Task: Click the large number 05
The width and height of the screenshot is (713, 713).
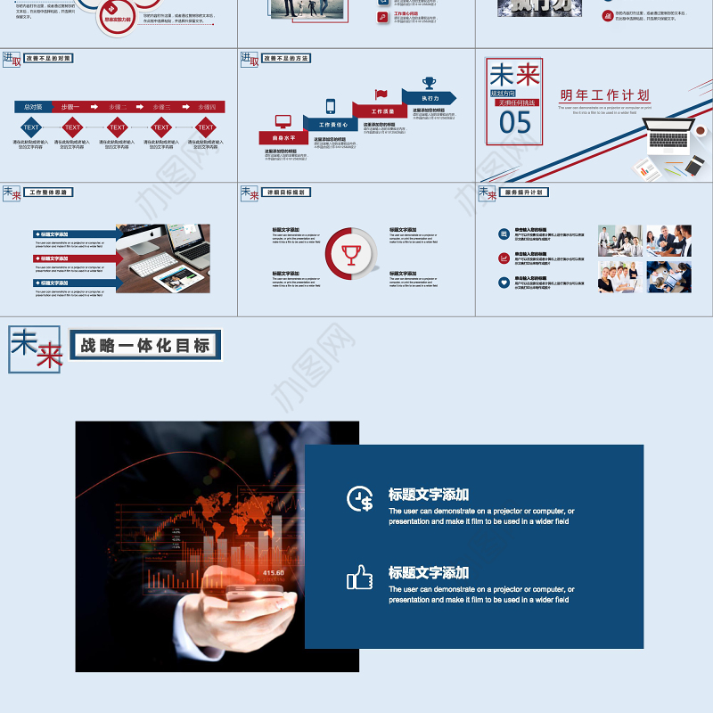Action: [515, 123]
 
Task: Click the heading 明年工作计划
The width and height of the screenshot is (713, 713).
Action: [604, 95]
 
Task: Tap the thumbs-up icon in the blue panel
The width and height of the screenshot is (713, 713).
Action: [360, 578]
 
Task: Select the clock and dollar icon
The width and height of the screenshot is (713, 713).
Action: [360, 499]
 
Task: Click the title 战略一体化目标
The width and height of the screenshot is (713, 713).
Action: [145, 346]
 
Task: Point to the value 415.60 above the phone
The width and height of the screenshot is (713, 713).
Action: [273, 572]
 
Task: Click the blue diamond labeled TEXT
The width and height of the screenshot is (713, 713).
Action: [31, 127]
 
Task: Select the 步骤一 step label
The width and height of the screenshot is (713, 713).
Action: [71, 107]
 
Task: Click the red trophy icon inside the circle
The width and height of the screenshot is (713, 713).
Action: [351, 254]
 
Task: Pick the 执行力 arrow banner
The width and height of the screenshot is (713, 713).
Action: [430, 98]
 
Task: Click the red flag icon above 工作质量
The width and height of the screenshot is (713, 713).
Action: [381, 94]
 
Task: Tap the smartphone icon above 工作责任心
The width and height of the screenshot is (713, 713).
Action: [331, 105]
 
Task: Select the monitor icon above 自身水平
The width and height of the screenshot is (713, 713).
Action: [283, 121]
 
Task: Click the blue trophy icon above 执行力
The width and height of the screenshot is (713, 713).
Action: [430, 82]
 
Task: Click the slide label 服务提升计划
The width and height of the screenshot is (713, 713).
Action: [524, 192]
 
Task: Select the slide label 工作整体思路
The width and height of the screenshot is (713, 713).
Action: [50, 192]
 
